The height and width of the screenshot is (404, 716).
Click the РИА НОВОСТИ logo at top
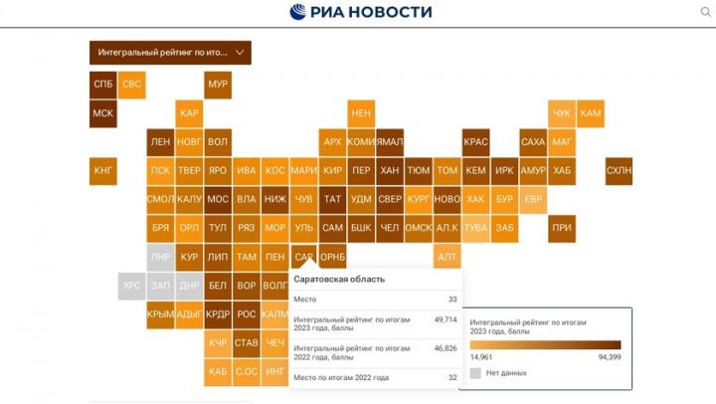[x=361, y=12]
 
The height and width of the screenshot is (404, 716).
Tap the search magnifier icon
[x=705, y=12]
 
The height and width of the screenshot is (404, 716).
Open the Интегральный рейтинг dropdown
[x=170, y=52]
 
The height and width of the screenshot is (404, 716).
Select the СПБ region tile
[x=102, y=85]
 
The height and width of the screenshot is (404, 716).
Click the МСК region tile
[x=102, y=113]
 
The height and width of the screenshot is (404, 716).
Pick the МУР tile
[x=218, y=85]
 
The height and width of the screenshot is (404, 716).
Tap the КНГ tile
[x=102, y=171]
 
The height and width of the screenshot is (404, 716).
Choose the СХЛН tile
[x=619, y=171]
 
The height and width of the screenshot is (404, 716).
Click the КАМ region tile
[x=590, y=113]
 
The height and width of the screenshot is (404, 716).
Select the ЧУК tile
[x=562, y=113]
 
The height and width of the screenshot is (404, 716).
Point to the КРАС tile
[x=475, y=142]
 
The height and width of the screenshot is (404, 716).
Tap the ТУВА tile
[x=475, y=228]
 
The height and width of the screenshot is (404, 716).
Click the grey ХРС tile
[x=131, y=286]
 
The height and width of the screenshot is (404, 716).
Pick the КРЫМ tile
[x=160, y=314]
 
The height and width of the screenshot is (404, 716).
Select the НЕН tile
[x=361, y=113]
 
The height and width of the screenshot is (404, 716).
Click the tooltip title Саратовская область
[x=339, y=280]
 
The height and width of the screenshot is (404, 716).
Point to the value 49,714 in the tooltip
[x=445, y=319]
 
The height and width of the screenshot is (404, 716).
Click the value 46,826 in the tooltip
[x=445, y=348]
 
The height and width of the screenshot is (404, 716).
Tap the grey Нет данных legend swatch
[x=475, y=373]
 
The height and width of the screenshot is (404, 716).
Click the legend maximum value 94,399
[x=608, y=355]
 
